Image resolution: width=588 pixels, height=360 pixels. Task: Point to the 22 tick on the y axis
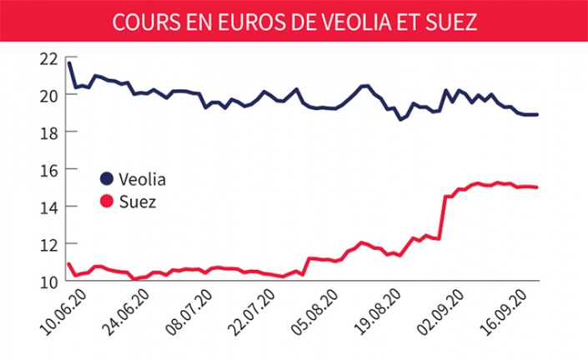[48, 58]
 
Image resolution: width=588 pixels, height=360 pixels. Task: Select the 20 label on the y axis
[48, 95]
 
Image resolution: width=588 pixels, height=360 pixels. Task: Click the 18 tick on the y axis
[48, 132]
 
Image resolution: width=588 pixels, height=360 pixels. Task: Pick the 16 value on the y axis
[48, 170]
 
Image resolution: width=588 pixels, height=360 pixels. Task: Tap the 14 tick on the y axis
[48, 207]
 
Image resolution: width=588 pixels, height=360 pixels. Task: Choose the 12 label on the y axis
[48, 244]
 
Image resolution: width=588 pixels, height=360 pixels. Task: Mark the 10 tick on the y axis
[48, 282]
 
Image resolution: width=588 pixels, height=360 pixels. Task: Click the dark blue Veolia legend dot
[107, 179]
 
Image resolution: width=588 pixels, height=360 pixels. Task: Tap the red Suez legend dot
[107, 202]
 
